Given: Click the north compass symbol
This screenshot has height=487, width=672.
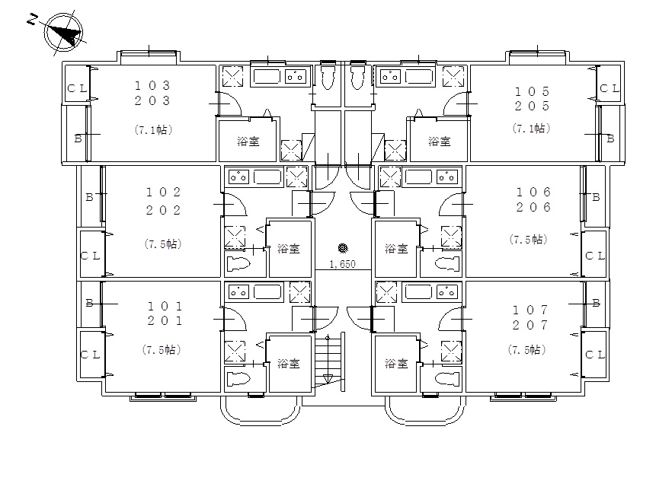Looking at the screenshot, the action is pos(63,32).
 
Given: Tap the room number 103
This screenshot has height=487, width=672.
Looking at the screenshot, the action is pos(152,85).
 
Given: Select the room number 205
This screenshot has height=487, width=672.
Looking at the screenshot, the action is pos(532,106).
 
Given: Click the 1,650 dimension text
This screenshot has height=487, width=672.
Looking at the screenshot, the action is pos(342,264).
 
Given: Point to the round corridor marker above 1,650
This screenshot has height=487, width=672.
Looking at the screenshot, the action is pos(342,248).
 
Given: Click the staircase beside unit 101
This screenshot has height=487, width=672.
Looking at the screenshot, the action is pos(329,361).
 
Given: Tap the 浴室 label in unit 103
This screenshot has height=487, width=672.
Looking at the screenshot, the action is pos(248,142).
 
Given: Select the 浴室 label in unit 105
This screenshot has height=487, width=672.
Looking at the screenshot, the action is pos(440,142).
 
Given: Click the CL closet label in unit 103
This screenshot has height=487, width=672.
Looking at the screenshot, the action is pos(77,88).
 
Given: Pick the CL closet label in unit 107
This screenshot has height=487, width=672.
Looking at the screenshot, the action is pos(595,355).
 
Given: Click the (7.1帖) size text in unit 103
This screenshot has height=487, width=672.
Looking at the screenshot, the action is pos(153,130).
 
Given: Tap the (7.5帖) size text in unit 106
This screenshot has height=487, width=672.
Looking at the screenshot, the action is pos(529,239).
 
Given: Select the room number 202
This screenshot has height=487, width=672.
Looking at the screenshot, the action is pos(163,210).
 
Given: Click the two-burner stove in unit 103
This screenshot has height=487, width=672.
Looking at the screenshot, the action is pos(296,77).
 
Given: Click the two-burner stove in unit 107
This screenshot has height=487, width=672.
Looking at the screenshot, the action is pos(447,292).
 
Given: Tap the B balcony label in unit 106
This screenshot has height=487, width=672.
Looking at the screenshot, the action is pos(596,198).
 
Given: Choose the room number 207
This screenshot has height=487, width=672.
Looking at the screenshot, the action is pos(530,325).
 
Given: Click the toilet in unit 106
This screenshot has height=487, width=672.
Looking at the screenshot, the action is pos(447,263).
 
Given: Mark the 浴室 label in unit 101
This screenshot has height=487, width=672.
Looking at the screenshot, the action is pos(289,364).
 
